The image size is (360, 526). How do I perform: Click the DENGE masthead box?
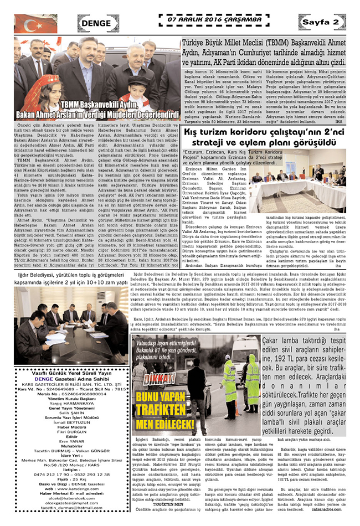pos(97,23)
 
